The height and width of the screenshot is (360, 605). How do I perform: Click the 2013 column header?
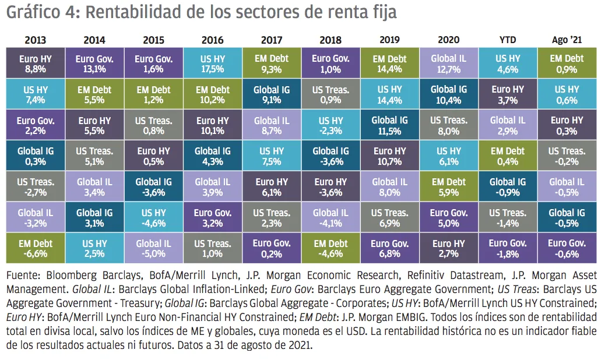[36, 40]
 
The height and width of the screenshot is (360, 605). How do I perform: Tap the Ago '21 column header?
[567, 40]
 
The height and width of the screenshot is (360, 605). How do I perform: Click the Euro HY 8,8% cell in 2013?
[36, 63]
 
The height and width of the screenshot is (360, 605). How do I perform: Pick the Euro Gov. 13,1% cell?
[94, 63]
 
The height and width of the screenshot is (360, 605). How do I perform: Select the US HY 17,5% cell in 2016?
[213, 63]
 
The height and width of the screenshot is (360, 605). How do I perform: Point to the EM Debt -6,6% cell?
[36, 248]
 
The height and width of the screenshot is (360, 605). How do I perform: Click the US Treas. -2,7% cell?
[36, 186]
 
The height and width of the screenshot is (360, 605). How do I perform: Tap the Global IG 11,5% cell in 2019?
[390, 125]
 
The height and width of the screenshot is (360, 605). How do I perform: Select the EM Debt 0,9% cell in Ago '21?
[567, 63]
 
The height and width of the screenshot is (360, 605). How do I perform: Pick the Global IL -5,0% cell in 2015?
[154, 248]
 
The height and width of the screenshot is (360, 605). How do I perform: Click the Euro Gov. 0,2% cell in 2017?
[272, 248]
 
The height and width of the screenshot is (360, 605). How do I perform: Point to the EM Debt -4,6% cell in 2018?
[331, 248]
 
